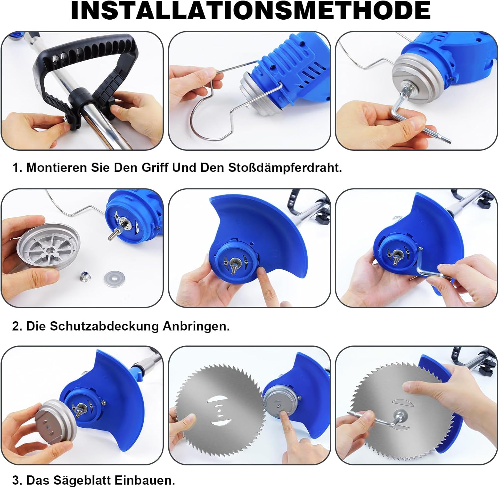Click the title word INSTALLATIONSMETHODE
tap(250, 11)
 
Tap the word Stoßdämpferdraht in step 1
tap(285, 167)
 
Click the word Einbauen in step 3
tap(145, 480)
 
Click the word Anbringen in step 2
tap(196, 326)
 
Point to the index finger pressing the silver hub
tap(289, 433)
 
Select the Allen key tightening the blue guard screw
tap(429, 268)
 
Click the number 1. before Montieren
tap(17, 167)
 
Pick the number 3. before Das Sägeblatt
tap(17, 480)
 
